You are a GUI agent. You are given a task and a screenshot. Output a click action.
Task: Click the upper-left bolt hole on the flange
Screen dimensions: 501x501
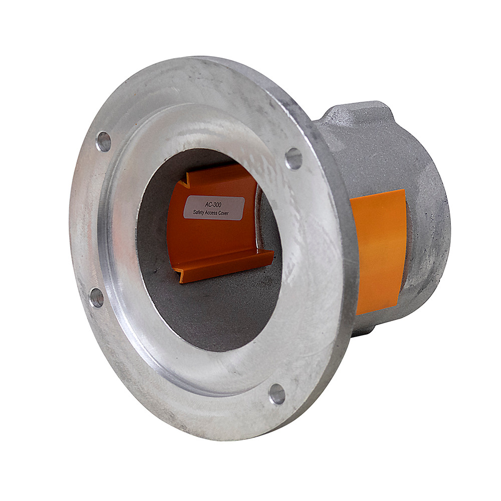point(104,142)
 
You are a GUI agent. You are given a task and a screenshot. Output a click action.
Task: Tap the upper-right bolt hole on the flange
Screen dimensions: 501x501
point(294,158)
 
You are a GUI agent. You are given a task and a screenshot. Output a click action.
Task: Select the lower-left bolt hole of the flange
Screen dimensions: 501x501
point(96,298)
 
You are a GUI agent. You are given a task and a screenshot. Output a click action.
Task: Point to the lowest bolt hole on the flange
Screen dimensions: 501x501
point(277,394)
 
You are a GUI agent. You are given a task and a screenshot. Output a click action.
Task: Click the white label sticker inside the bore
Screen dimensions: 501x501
point(214,207)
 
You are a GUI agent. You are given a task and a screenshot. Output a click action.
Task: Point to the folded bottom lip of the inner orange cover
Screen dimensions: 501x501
point(225,266)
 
